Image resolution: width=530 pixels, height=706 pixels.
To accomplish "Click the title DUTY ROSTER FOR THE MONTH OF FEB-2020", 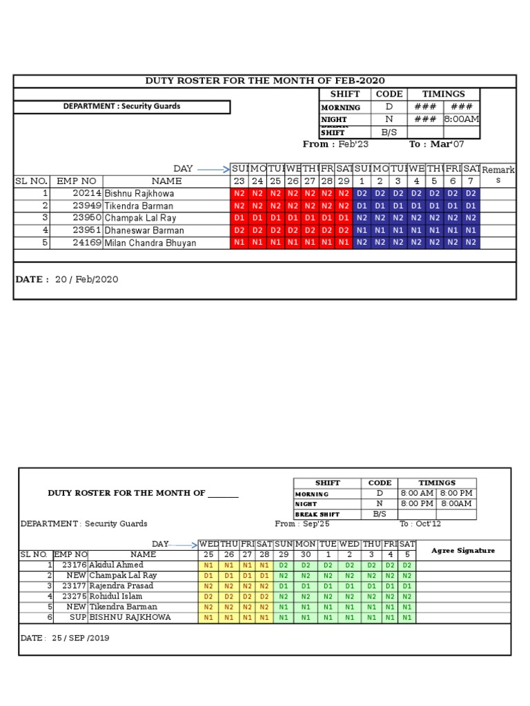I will pyautogui.click(x=265, y=81).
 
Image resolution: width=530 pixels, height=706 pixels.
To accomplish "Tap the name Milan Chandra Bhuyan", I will pyautogui.click(x=150, y=243).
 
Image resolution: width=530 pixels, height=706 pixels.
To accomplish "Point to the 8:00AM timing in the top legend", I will pyautogui.click(x=462, y=120).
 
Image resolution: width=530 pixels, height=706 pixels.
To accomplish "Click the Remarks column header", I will pyautogui.click(x=498, y=174).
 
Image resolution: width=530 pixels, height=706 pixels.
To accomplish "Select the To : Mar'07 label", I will pyautogui.click(x=437, y=144).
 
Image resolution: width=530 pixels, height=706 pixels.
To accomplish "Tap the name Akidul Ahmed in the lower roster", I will pyautogui.click(x=116, y=565).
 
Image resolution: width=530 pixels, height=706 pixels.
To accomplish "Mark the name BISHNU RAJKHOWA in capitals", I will pyautogui.click(x=130, y=617).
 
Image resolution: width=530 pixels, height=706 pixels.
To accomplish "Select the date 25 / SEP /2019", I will pyautogui.click(x=65, y=638).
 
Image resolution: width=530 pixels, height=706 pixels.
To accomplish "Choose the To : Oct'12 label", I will pyautogui.click(x=420, y=524).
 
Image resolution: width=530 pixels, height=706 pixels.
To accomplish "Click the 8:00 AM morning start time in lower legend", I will pyautogui.click(x=417, y=494).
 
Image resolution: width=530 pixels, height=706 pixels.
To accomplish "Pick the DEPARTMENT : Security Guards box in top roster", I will pyautogui.click(x=121, y=107).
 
